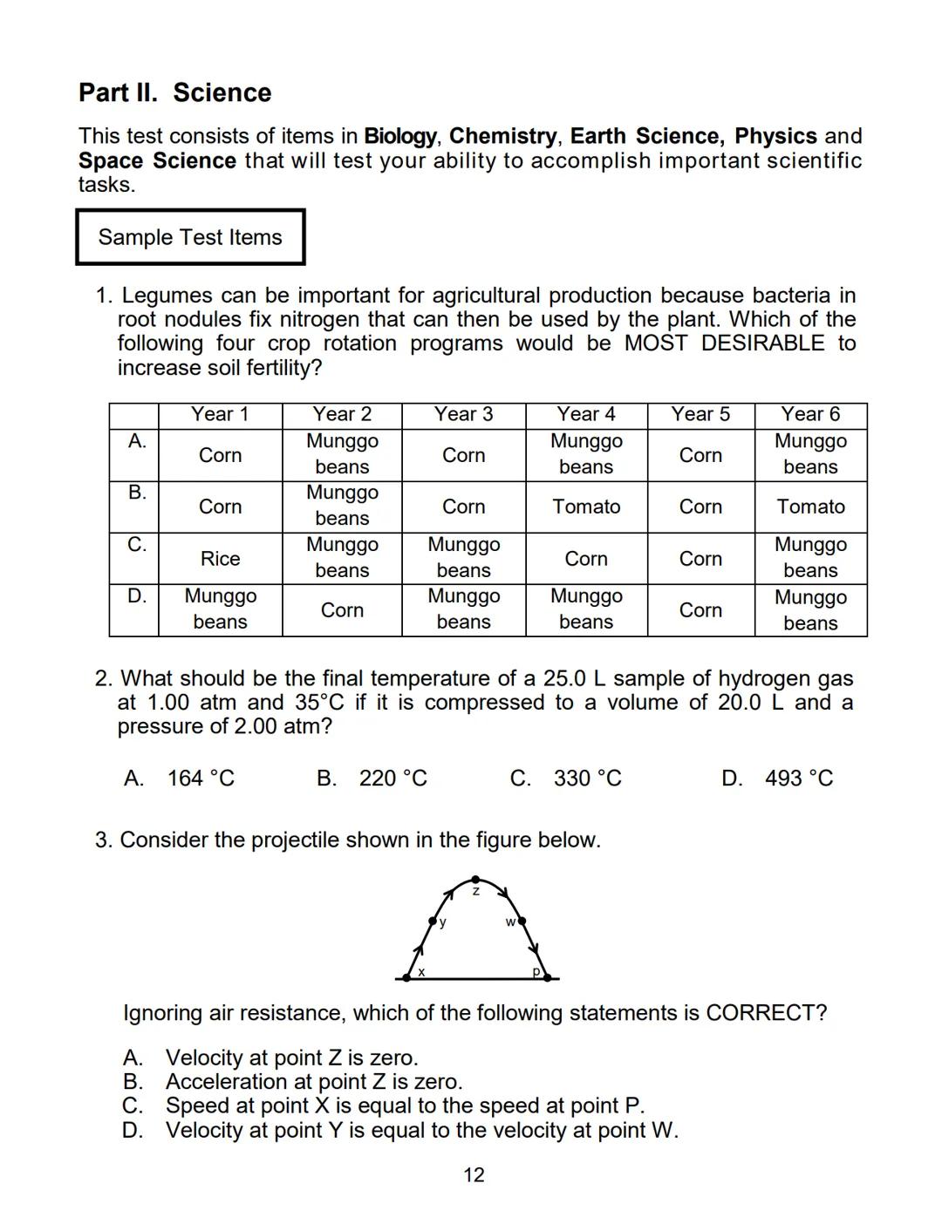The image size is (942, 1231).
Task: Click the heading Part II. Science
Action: (174, 92)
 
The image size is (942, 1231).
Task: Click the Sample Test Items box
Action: (190, 237)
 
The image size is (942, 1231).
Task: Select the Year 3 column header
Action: (463, 414)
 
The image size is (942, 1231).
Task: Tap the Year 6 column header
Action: (809, 414)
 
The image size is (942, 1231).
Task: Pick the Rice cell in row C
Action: (220, 559)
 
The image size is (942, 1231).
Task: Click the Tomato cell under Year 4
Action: (586, 507)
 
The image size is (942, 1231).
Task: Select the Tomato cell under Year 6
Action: (810, 507)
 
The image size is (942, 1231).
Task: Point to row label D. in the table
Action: (137, 596)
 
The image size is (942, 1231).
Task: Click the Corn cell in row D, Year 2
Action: (342, 610)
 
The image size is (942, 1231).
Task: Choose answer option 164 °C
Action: (201, 779)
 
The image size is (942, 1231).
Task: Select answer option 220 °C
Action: (392, 779)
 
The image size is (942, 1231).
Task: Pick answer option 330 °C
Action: (587, 779)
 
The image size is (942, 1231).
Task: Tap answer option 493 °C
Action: (798, 779)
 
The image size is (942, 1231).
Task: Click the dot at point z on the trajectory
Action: (475, 880)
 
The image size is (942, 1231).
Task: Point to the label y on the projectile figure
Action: (442, 922)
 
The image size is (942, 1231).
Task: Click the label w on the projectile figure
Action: (509, 922)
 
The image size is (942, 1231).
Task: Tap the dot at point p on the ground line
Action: (547, 978)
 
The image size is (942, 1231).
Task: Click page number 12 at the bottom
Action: (473, 1175)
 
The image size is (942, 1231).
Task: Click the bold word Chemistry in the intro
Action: (502, 136)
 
